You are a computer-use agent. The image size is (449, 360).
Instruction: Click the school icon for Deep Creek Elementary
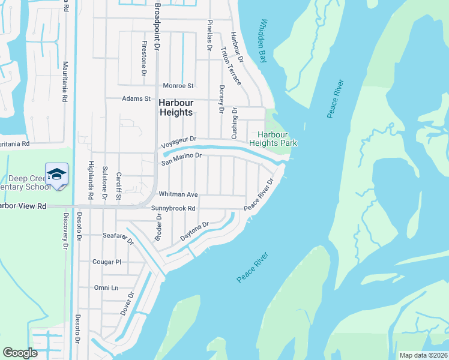point(57,175)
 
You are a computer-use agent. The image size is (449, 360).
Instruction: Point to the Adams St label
point(136,98)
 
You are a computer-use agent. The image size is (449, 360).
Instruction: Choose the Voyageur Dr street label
point(179,143)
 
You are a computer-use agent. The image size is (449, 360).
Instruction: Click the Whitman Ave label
point(178,194)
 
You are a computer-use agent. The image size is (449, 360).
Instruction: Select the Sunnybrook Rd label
point(173,209)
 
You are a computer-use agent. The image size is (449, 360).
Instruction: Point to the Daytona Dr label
point(194,232)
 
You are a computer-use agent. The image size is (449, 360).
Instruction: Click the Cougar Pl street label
point(107,262)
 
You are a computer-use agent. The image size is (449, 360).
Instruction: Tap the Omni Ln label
point(106,288)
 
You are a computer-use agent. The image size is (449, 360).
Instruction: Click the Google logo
point(20,353)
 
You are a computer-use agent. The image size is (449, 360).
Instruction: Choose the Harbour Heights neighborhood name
point(176,107)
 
